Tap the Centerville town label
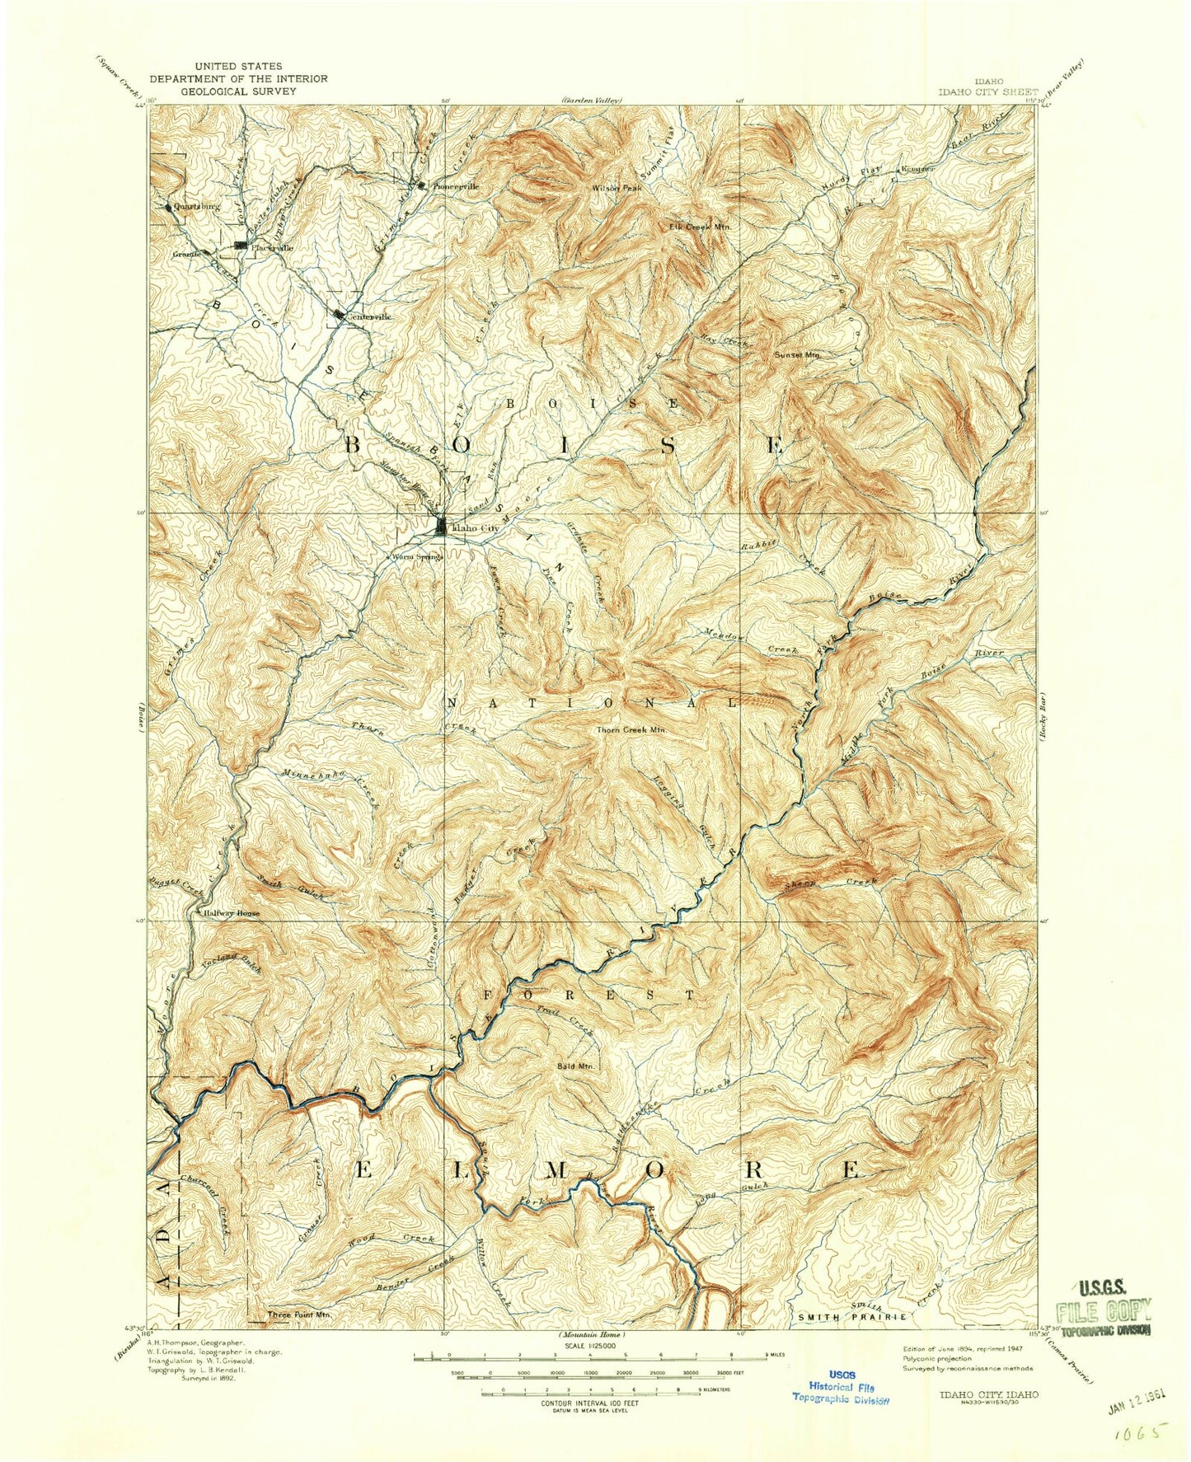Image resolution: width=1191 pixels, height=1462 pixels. coord(369,316)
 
